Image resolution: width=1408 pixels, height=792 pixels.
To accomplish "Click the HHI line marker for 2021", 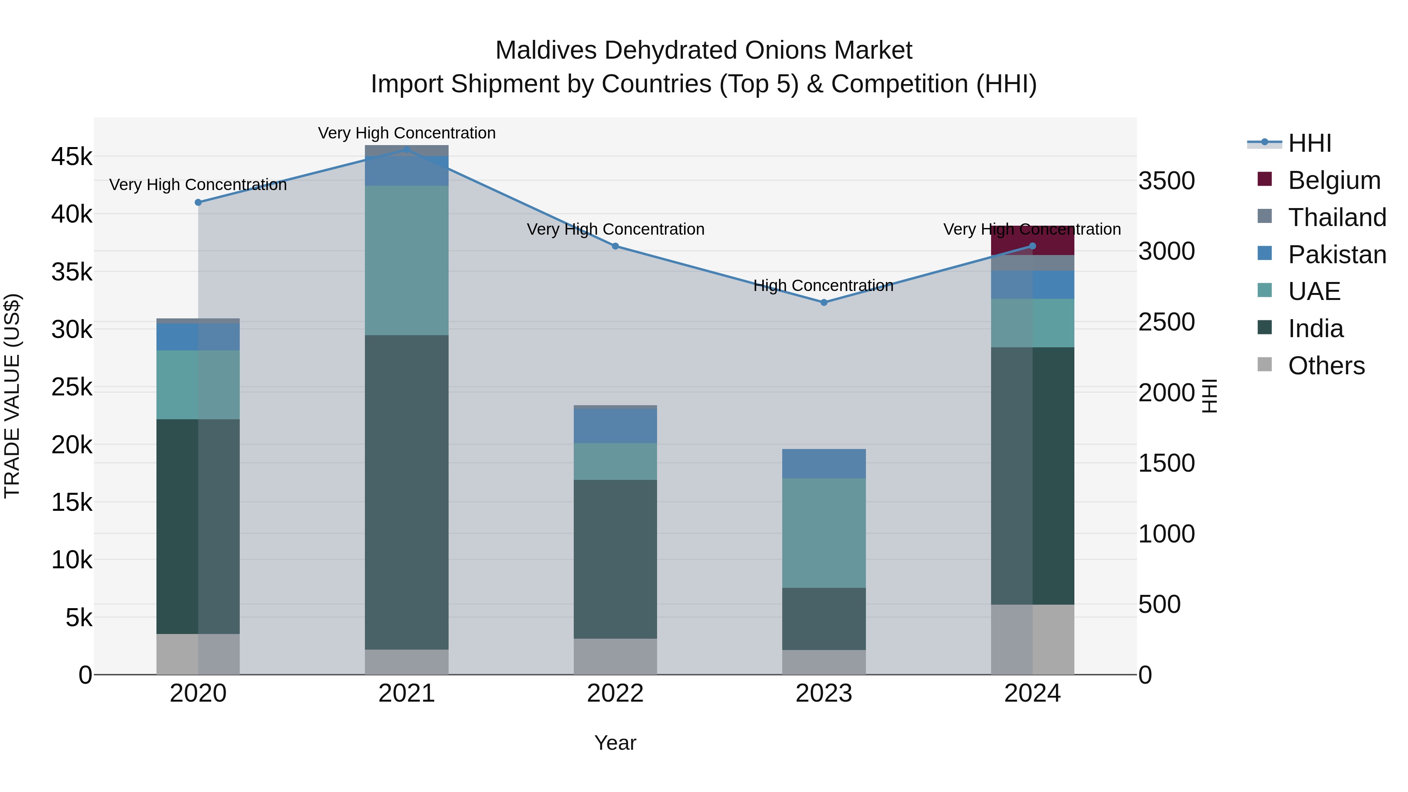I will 407,149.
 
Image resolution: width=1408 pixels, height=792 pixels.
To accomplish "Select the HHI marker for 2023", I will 824,302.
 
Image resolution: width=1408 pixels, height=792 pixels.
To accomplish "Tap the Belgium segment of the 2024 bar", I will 1033,239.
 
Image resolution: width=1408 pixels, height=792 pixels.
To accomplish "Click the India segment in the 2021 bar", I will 407,492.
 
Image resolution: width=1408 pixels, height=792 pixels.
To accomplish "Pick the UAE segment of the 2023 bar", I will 824,533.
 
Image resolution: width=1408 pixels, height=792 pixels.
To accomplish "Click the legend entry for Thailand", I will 1336,217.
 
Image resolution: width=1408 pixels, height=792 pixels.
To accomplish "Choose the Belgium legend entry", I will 1334,180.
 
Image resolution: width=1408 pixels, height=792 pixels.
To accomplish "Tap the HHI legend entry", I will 1309,143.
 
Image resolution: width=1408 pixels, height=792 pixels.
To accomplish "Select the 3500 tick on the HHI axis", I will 1166,181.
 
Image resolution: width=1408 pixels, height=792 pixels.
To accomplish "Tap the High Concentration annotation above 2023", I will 823,286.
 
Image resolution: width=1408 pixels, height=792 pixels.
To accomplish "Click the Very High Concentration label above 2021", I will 407,133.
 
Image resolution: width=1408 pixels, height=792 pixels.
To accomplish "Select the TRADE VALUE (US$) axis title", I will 12,396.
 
